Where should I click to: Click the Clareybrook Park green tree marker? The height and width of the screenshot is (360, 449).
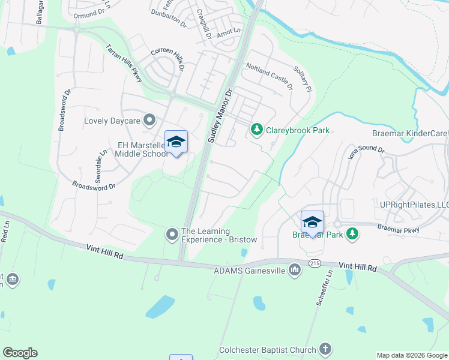[257, 130]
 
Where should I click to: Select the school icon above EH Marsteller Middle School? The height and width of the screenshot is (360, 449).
[176, 142]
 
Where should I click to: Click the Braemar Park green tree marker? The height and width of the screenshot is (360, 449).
[353, 235]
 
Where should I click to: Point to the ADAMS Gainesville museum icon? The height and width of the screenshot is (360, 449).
[295, 271]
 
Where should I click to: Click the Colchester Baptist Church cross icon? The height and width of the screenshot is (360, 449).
[325, 350]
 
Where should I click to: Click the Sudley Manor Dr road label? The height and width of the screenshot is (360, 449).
[220, 116]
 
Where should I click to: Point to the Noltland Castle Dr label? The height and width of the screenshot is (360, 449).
[268, 78]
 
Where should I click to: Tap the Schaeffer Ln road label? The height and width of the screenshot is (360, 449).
[322, 289]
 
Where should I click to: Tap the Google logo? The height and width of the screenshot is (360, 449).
[20, 353]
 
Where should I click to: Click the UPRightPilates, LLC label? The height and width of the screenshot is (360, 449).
[414, 205]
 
